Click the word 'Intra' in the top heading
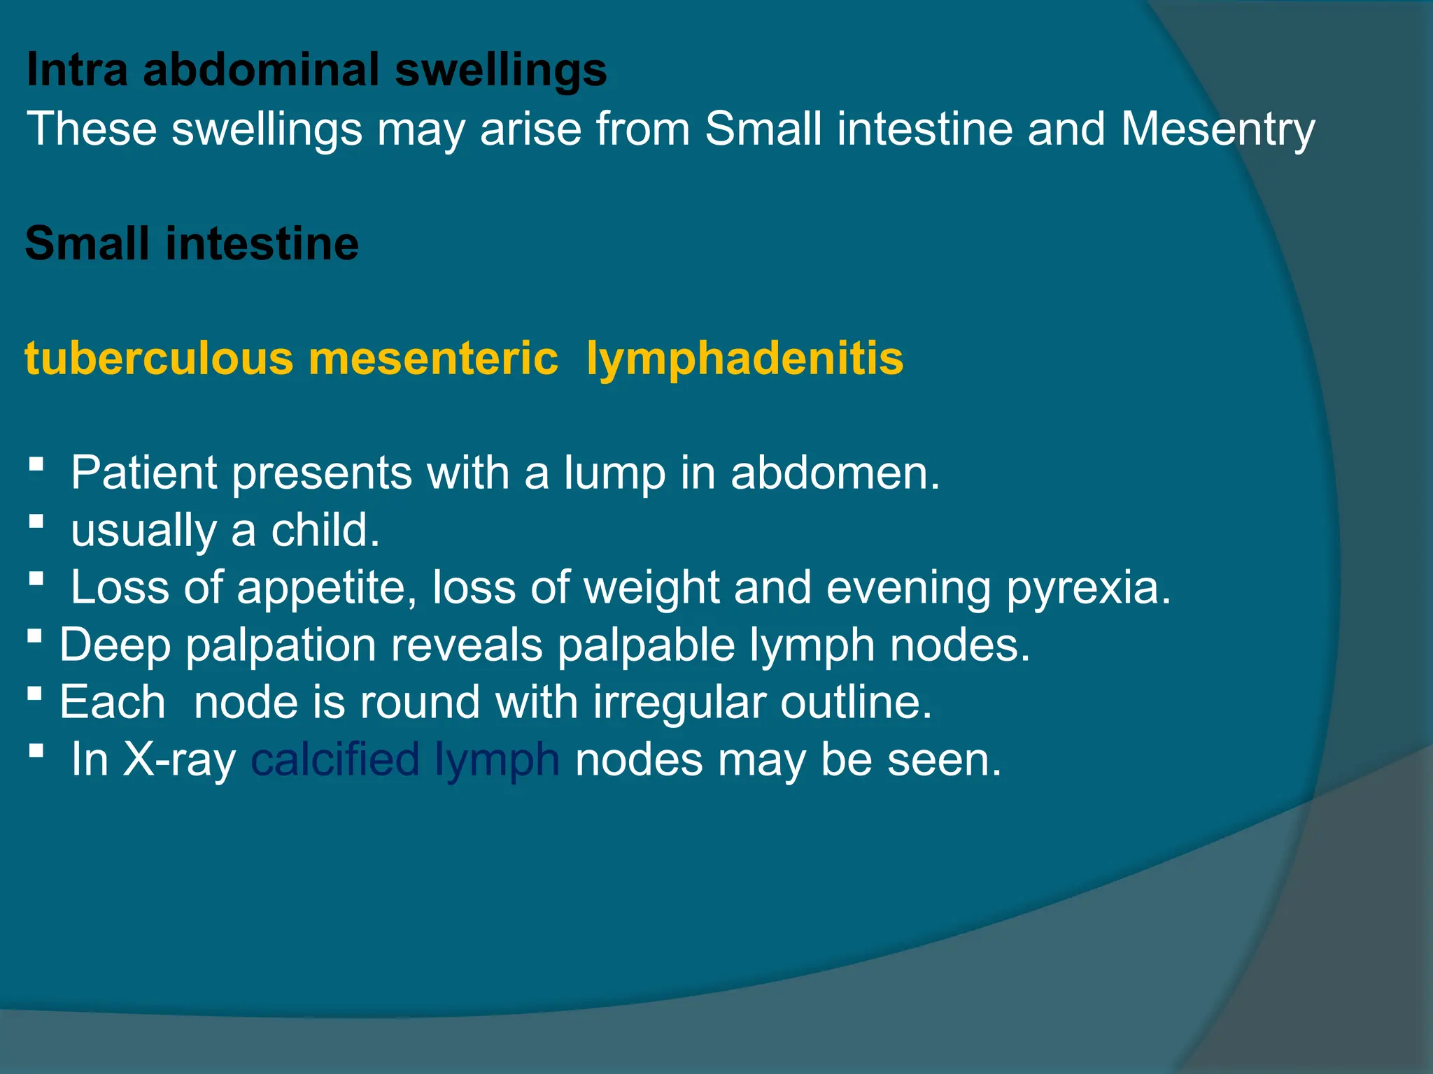[77, 70]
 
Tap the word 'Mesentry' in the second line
[1217, 130]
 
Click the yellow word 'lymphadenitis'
[744, 359]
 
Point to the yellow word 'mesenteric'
[433, 358]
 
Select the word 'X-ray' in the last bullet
[179, 761]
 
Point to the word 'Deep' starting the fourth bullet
[115, 646]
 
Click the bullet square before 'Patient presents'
[37, 464]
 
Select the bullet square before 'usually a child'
[37, 521]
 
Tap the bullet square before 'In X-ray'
[37, 750]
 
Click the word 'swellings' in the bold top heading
[501, 71]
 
